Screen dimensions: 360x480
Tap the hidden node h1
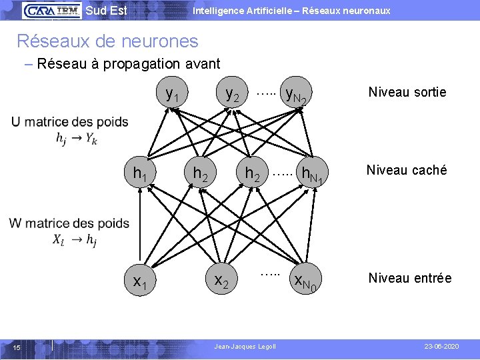(140, 174)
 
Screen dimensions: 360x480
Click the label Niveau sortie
(407, 92)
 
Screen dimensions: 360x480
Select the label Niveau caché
(407, 170)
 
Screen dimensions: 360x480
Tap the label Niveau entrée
(410, 278)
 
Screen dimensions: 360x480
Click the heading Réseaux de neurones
(107, 41)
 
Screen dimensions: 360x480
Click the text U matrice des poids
(69, 122)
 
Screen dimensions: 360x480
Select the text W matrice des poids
(69, 223)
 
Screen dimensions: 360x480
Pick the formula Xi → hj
(75, 240)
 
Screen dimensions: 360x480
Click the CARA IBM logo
(51, 10)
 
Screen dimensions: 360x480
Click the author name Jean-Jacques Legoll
(244, 347)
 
